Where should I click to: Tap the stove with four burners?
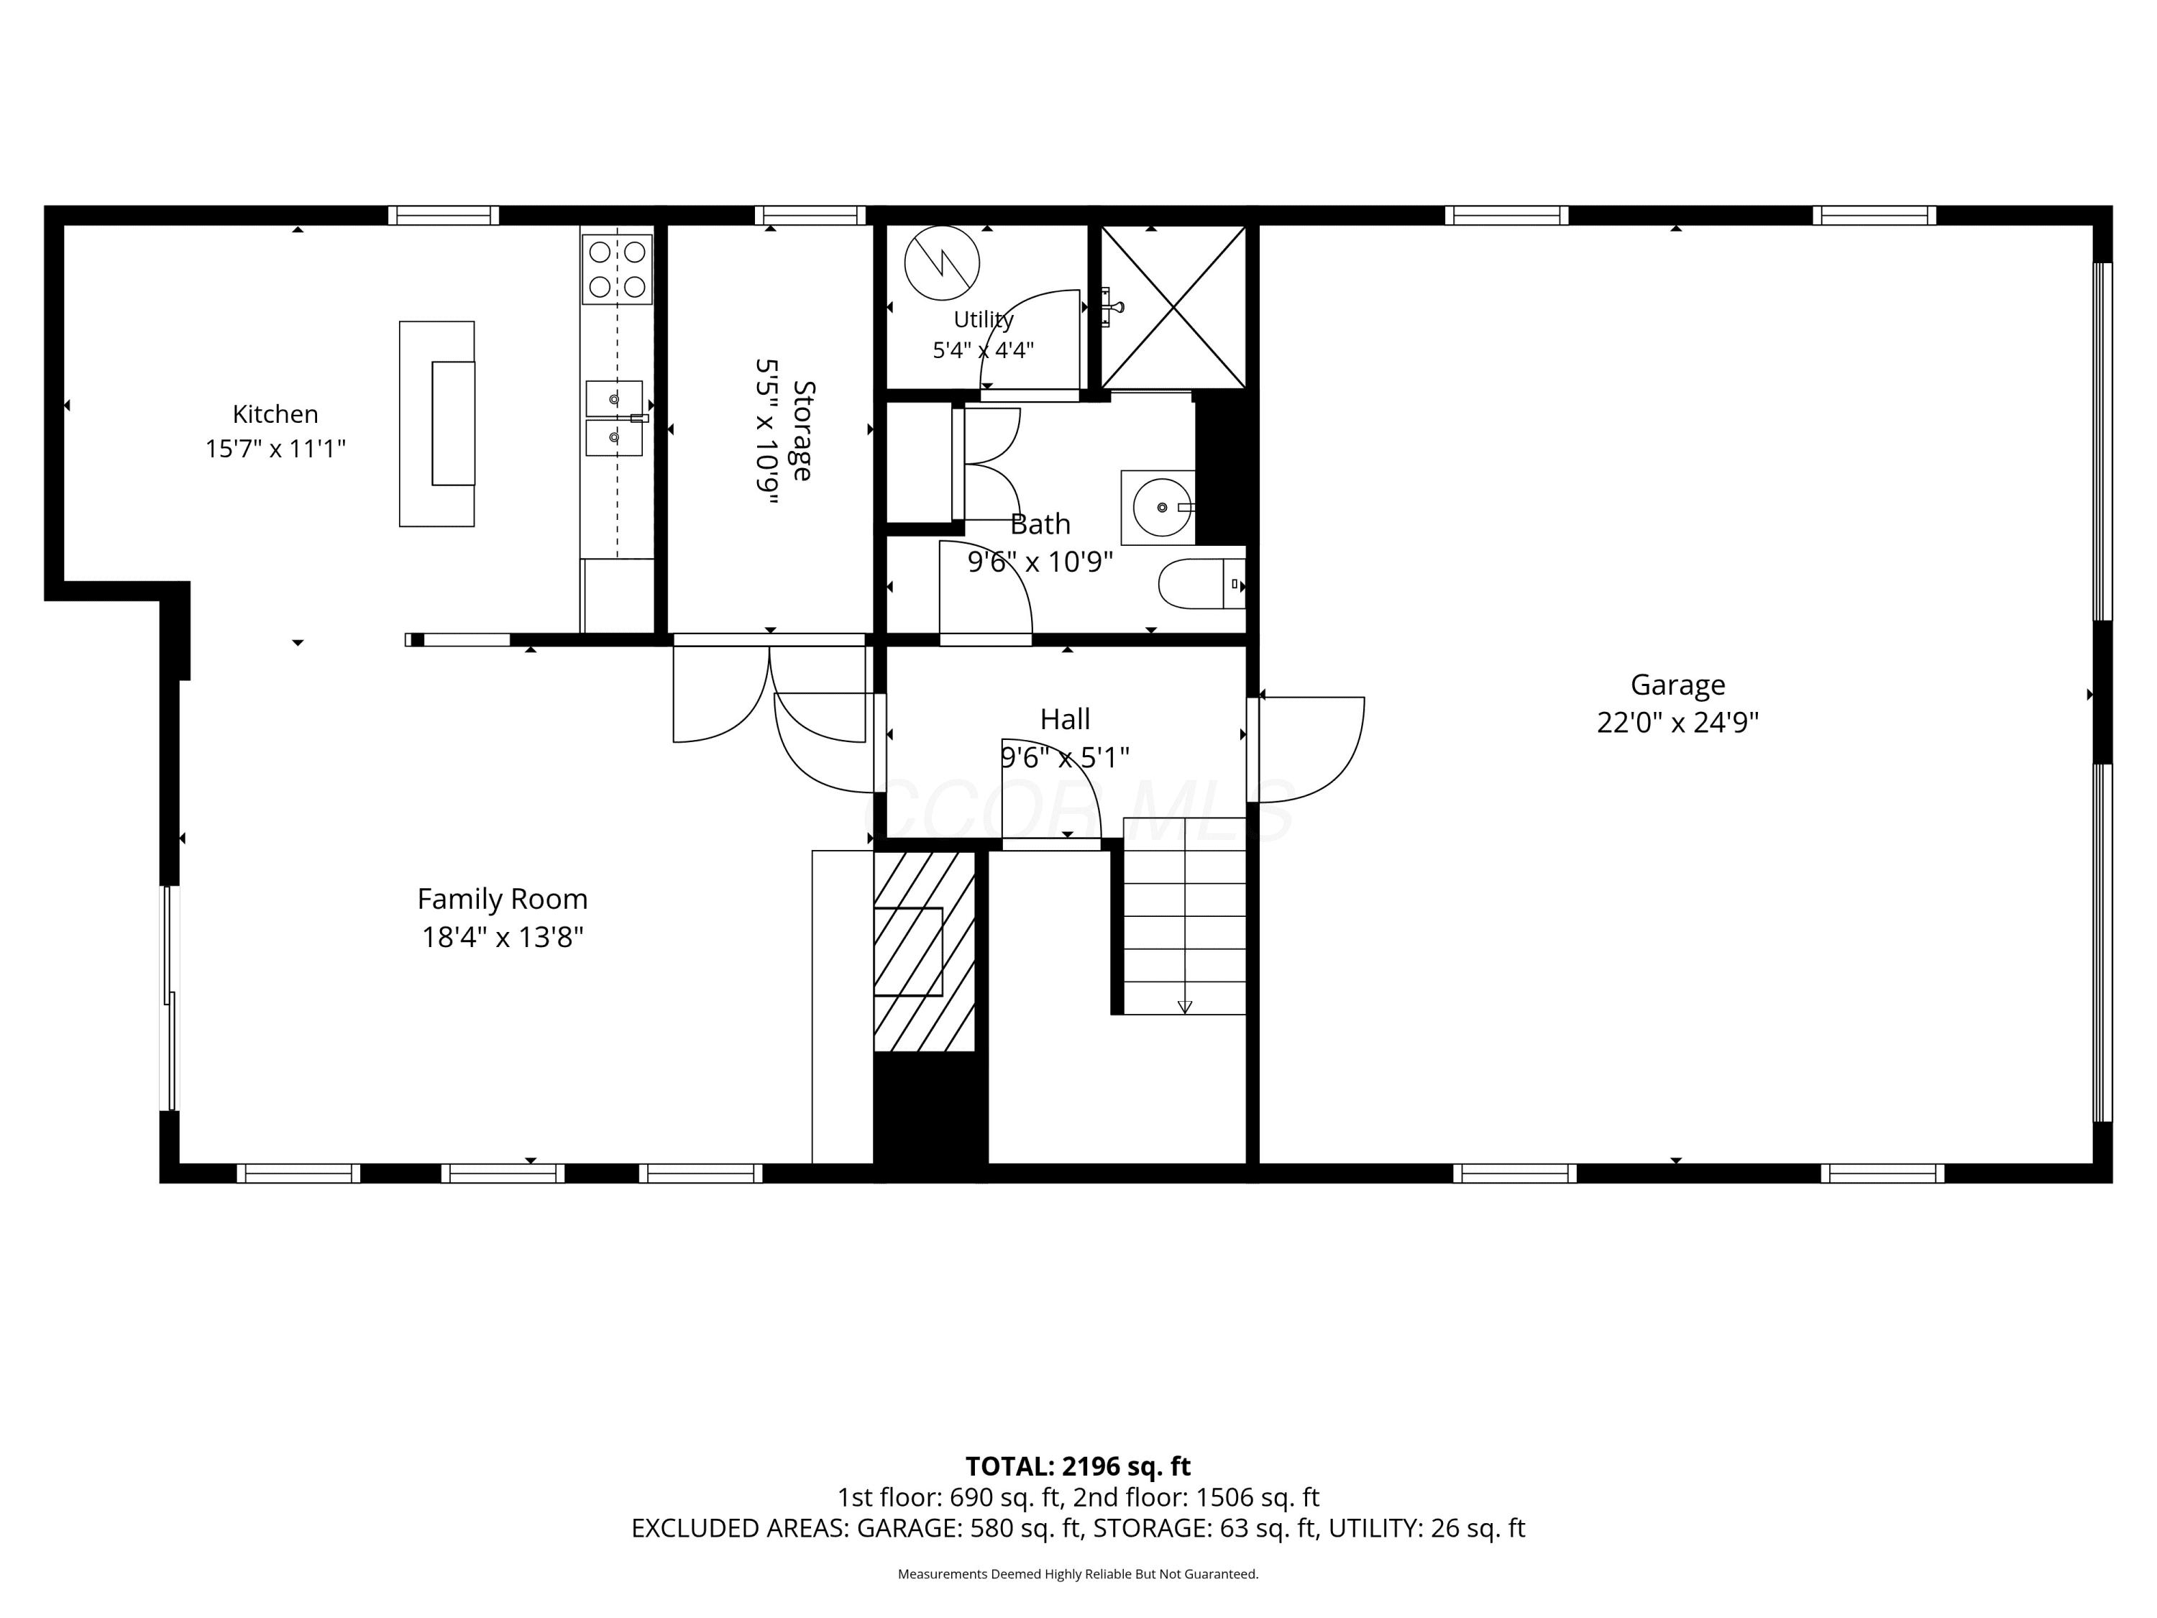click(x=617, y=269)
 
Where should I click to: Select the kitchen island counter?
click(x=437, y=424)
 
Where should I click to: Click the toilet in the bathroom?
click(x=1201, y=583)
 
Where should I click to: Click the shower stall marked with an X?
click(x=1173, y=307)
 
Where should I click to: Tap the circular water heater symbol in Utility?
click(x=942, y=263)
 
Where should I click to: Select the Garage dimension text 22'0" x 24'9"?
click(x=1677, y=723)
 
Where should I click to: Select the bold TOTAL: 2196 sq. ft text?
click(x=1078, y=1467)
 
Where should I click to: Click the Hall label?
click(x=1065, y=720)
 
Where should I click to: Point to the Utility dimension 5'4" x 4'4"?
click(x=983, y=350)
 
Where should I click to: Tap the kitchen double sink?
click(x=614, y=419)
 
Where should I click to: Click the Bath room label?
click(x=1040, y=525)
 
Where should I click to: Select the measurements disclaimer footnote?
click(x=1078, y=1574)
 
